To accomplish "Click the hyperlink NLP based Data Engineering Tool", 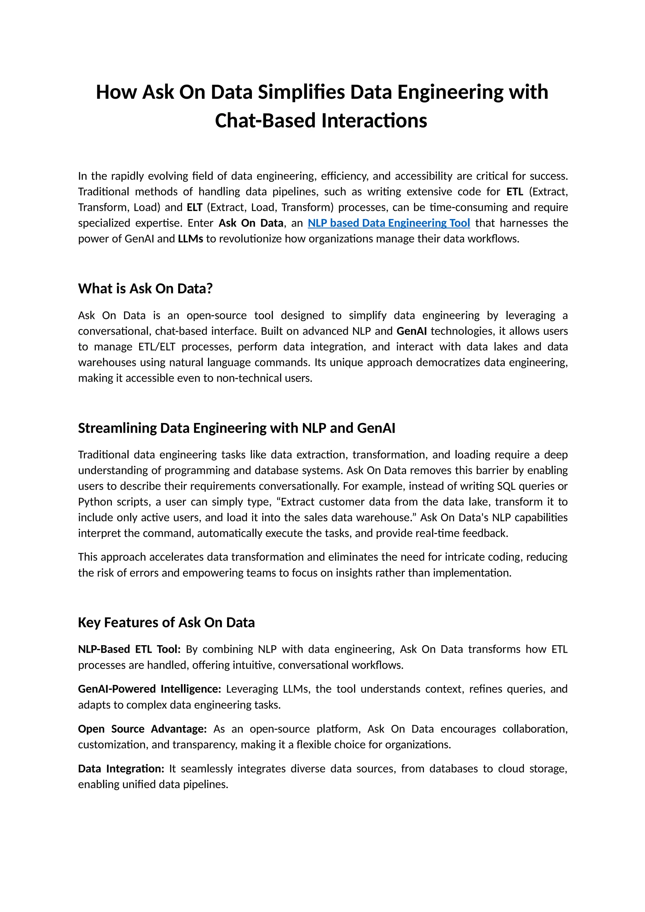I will point(389,223).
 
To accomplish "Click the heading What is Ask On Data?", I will point(145,288).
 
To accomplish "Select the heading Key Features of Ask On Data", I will point(166,622).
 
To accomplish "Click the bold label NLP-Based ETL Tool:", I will point(129,649).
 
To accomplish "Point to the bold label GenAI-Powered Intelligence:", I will point(149,689).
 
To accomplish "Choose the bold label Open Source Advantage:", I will point(142,729).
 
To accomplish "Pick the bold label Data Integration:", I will point(121,768).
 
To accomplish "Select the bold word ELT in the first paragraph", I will point(194,207).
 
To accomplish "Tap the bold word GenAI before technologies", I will point(411,331).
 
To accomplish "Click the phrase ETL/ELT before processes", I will point(157,347).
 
